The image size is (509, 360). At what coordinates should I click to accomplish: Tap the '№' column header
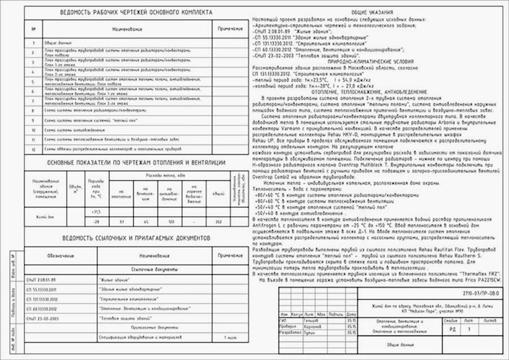click(x=34, y=28)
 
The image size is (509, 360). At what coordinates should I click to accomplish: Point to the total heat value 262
click(x=218, y=221)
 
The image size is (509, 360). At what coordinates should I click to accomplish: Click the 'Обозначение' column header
click(x=58, y=256)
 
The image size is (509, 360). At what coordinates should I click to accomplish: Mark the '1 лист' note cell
click(x=231, y=337)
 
